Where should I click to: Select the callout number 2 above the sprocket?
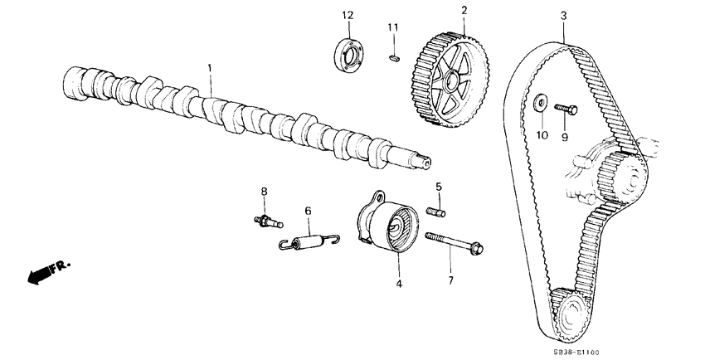click(464, 11)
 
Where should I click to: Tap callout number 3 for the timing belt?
click(563, 16)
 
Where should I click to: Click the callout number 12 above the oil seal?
click(348, 16)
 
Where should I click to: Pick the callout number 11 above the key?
click(393, 28)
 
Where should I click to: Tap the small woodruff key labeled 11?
click(394, 58)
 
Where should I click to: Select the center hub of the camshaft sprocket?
click(452, 81)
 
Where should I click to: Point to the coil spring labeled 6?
click(309, 241)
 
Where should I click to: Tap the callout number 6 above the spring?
click(307, 212)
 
